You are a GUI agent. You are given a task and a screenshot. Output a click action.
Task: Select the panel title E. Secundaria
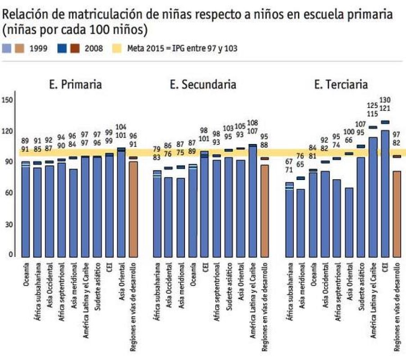[203, 84]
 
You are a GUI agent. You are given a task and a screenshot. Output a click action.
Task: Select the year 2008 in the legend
[94, 48]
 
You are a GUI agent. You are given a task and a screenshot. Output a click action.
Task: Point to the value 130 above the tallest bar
[386, 100]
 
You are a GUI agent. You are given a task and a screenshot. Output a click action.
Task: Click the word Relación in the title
[23, 14]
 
